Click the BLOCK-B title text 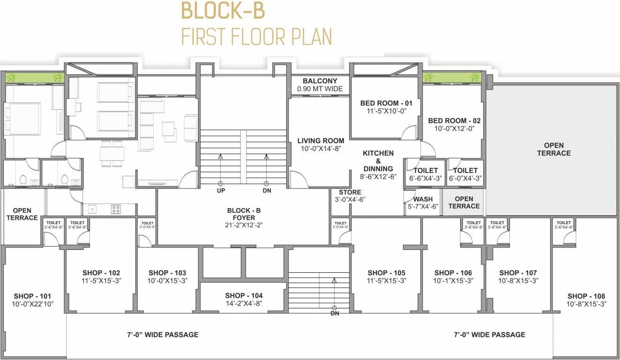point(223,12)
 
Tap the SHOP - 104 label point(244,296)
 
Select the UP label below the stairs point(221,191)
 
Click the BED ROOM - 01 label point(386,103)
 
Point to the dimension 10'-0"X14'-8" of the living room point(321,148)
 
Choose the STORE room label point(350,192)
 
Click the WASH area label point(423,199)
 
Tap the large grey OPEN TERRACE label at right point(553,149)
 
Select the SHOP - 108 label point(586,296)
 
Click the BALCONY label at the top point(320,81)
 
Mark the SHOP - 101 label point(32,296)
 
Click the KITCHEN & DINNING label point(378,161)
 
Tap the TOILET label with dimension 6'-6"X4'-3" point(426,171)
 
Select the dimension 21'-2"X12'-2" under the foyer point(244,225)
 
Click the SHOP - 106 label point(453,273)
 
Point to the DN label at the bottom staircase point(335,313)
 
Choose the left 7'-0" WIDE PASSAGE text point(163,335)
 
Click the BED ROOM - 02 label point(454,120)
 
